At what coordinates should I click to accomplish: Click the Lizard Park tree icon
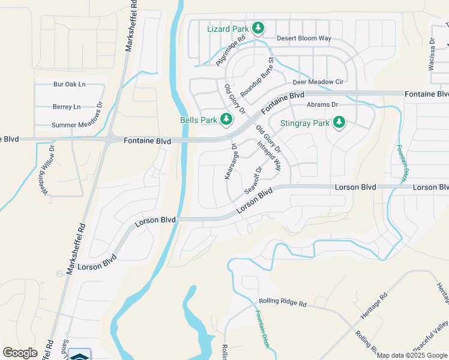click(x=258, y=28)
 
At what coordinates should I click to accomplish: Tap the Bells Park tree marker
click(x=226, y=120)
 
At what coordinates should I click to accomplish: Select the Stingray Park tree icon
click(x=339, y=123)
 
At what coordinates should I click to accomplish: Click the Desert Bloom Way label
click(x=304, y=38)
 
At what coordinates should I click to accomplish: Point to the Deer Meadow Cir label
click(x=318, y=82)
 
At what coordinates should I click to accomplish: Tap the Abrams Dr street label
click(x=322, y=104)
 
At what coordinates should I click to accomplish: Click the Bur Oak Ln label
click(x=70, y=85)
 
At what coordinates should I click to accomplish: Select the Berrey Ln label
click(x=66, y=107)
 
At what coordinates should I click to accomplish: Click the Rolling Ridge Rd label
click(x=282, y=302)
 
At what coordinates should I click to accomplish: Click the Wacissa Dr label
click(x=431, y=55)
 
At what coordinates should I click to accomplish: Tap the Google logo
click(x=20, y=353)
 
